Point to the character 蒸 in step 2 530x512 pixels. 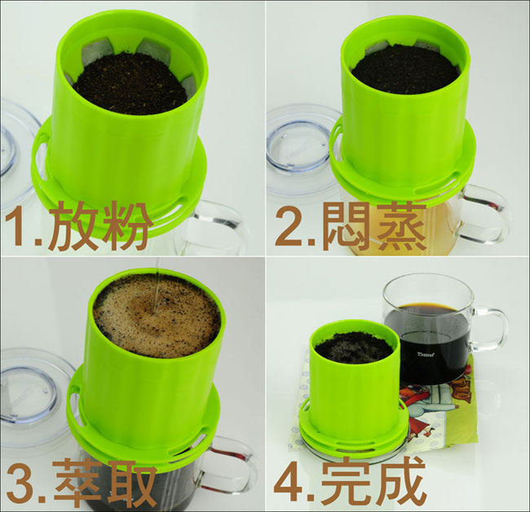[x=400, y=225]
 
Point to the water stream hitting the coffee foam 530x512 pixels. [x=156, y=287]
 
